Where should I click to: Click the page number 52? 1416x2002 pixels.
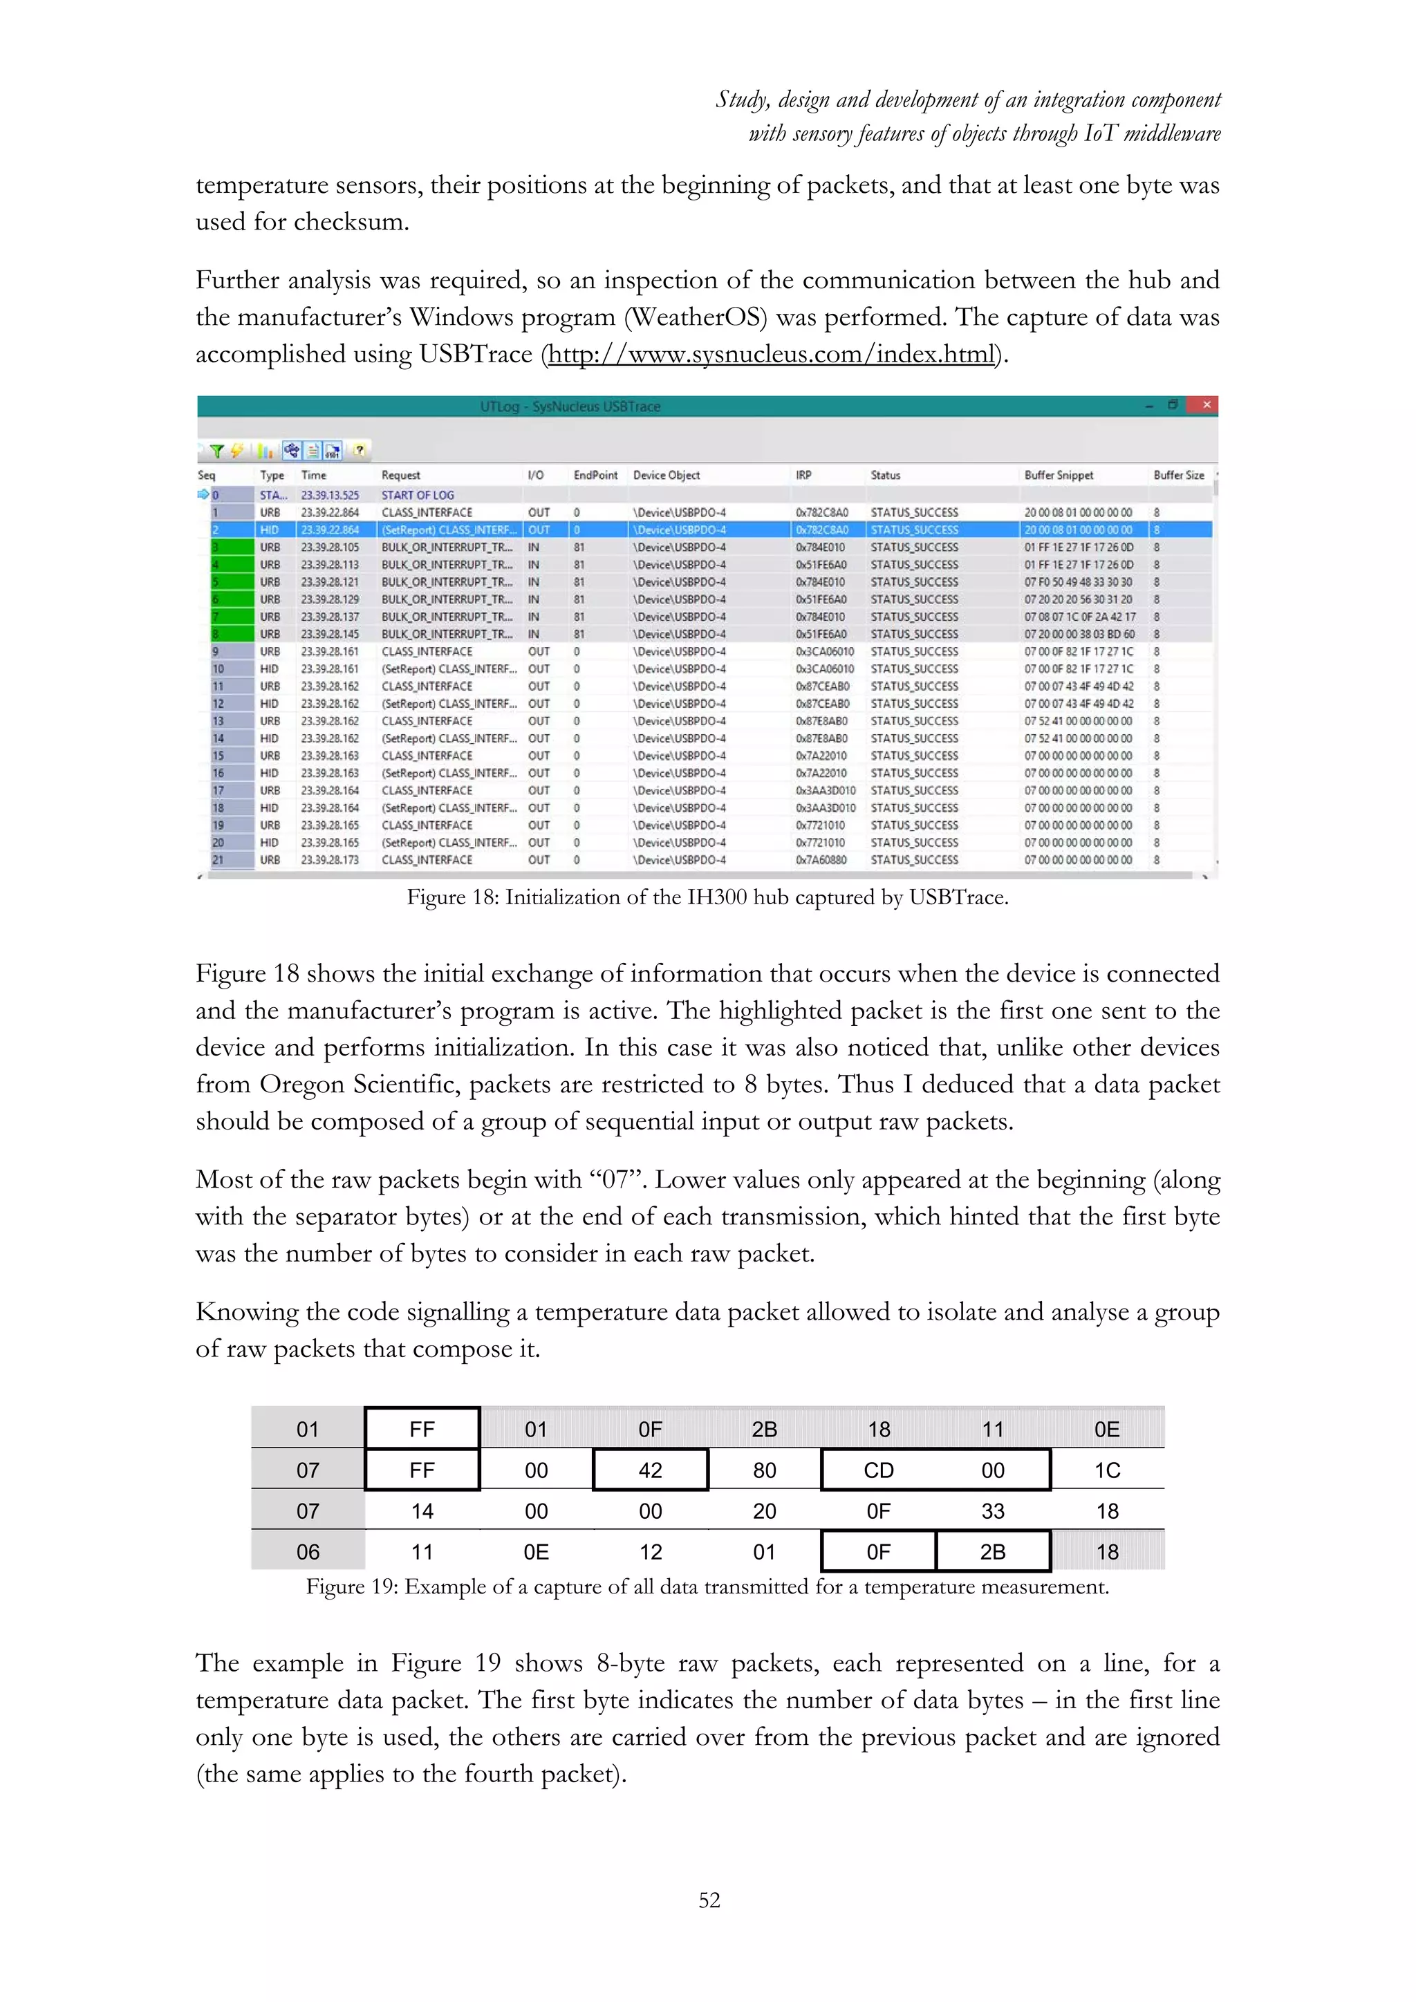click(x=709, y=1900)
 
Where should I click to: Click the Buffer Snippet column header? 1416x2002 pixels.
click(x=1058, y=475)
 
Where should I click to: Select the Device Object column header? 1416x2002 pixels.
click(x=666, y=475)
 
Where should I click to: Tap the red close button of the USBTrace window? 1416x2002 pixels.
click(x=1206, y=404)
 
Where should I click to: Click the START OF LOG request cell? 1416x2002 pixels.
click(x=418, y=494)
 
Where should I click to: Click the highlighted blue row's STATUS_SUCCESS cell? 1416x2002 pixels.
click(x=914, y=530)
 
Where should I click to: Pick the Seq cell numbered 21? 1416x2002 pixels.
click(x=218, y=860)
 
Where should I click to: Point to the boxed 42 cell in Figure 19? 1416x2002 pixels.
click(x=650, y=1470)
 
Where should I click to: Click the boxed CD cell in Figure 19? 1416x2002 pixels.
click(x=878, y=1470)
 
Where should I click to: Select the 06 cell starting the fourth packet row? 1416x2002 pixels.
click(x=308, y=1552)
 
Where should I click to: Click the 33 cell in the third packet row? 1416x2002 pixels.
click(x=992, y=1511)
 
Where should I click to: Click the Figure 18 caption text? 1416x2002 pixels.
click(x=707, y=897)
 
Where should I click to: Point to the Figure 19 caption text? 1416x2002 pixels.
click(x=707, y=1586)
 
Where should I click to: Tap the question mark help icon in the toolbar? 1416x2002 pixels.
click(x=360, y=450)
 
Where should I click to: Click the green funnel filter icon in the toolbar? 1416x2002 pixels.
click(x=216, y=451)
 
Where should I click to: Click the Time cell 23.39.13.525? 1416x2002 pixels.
click(x=330, y=494)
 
